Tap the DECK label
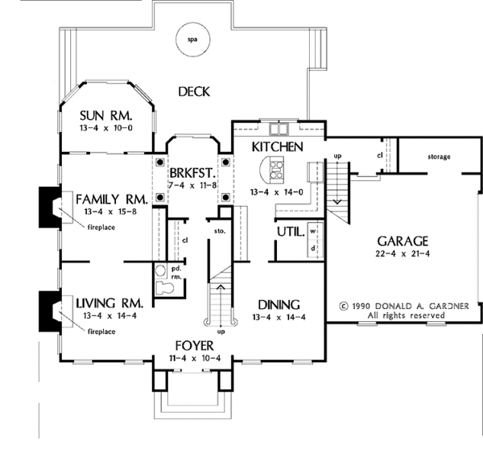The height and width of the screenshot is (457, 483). pyautogui.click(x=194, y=92)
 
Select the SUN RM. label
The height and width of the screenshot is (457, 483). pyautogui.click(x=106, y=116)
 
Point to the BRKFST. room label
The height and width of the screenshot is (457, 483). pyautogui.click(x=192, y=173)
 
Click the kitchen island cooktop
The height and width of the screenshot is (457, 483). pyautogui.click(x=276, y=168)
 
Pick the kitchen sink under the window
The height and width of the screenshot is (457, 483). pyautogui.click(x=279, y=129)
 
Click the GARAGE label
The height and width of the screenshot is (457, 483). pyautogui.click(x=402, y=241)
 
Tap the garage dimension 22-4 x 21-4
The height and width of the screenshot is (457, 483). pyautogui.click(x=402, y=253)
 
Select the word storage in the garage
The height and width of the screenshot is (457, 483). pyautogui.click(x=439, y=157)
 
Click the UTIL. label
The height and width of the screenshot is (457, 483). pyautogui.click(x=291, y=232)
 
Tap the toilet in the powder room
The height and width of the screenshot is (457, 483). pyautogui.click(x=164, y=288)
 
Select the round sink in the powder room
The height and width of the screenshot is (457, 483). pyautogui.click(x=160, y=271)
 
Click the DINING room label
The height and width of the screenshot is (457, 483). pyautogui.click(x=279, y=305)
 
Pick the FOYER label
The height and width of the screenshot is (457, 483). pyautogui.click(x=194, y=346)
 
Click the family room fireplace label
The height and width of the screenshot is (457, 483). pyautogui.click(x=101, y=228)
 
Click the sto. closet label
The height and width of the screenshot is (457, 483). pyautogui.click(x=220, y=231)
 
